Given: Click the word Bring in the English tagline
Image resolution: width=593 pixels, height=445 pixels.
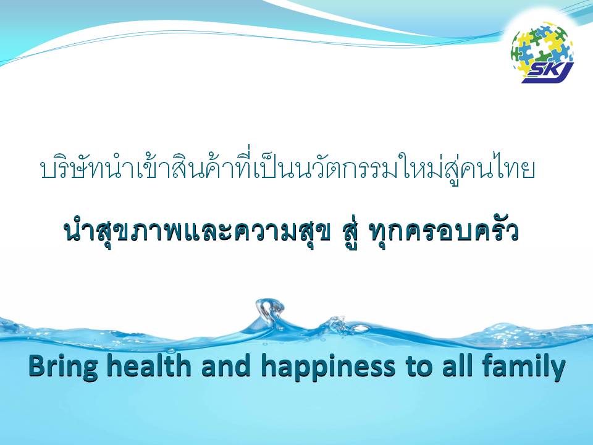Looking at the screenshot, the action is click(x=62, y=367).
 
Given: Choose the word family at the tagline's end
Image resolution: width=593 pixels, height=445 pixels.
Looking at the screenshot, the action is click(x=523, y=367).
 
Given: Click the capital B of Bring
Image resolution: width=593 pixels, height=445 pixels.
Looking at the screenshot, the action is click(x=37, y=367).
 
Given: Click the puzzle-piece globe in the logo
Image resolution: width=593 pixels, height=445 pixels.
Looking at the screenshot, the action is click(x=541, y=48).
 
